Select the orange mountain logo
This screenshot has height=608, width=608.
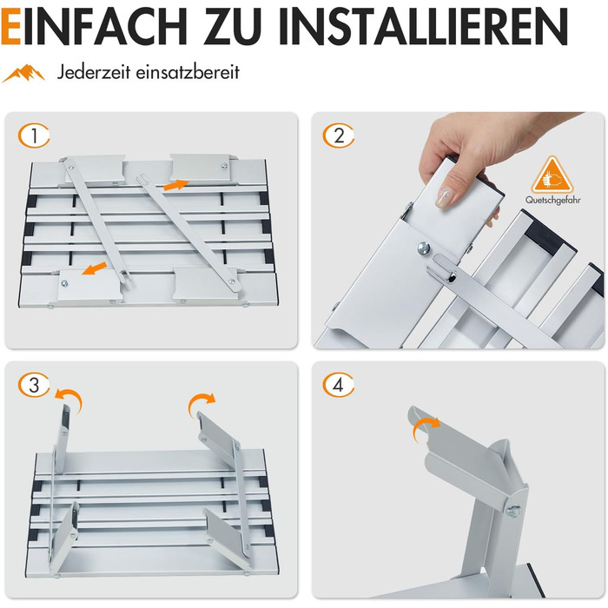tap(24, 73)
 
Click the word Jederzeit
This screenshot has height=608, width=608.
tap(94, 72)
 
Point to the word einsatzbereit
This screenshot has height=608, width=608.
tap(188, 72)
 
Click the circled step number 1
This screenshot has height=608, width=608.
tap(34, 135)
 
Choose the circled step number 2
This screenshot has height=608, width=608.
tap(339, 135)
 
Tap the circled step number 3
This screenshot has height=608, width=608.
tap(34, 385)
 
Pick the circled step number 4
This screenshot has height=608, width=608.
tap(339, 385)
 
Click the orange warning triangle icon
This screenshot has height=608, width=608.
tap(552, 175)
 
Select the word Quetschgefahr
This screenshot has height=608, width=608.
tap(553, 200)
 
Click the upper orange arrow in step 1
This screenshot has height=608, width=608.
tap(175, 185)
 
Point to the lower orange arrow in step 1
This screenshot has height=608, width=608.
tap(94, 268)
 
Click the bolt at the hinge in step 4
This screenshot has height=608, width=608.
tap(514, 511)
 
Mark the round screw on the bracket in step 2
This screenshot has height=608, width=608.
tap(424, 248)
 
